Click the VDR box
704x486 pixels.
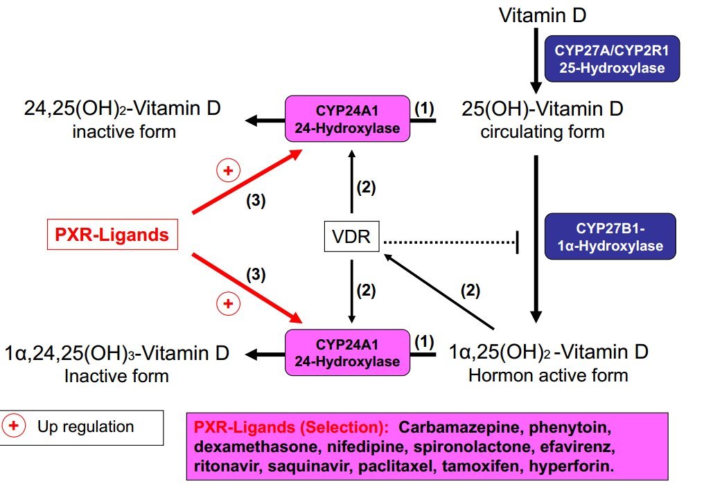pos(351,238)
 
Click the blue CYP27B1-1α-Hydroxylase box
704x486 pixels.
pos(609,237)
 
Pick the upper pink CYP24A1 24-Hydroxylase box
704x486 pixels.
pos(347,120)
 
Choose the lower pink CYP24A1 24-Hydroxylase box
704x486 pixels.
pos(347,352)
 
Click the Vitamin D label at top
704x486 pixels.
pos(543,15)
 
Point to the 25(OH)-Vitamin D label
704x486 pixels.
pos(543,109)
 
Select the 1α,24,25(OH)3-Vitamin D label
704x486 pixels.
pos(117,354)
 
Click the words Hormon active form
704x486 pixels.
pos(548,376)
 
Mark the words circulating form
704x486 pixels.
pos(543,132)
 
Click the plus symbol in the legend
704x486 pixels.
pos(14,426)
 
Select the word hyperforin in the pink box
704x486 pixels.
pos(571,466)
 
